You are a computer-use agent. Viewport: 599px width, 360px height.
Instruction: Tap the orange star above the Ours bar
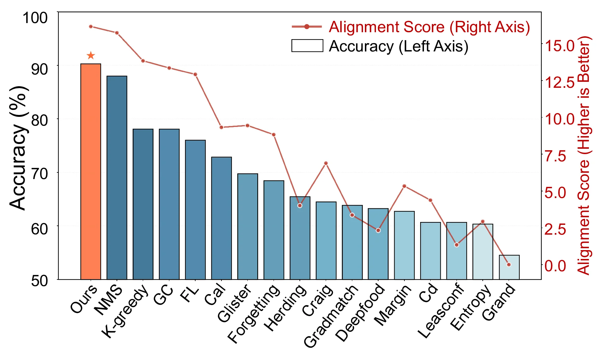click(91, 56)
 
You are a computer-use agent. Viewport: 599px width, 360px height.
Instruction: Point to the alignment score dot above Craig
click(326, 163)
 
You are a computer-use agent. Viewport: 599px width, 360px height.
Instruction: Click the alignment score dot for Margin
click(404, 186)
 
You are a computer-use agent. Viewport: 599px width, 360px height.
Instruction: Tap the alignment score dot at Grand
click(509, 265)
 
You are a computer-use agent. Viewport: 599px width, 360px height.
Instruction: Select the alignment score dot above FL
click(195, 75)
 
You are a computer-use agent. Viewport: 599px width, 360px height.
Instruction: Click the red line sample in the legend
click(306, 27)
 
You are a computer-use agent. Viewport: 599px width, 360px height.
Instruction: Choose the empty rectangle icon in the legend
click(307, 46)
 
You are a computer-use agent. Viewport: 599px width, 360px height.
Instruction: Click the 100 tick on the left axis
click(35, 18)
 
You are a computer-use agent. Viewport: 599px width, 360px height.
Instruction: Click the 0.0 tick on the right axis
click(555, 266)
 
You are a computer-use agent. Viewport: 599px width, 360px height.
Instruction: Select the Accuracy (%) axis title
click(18, 148)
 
